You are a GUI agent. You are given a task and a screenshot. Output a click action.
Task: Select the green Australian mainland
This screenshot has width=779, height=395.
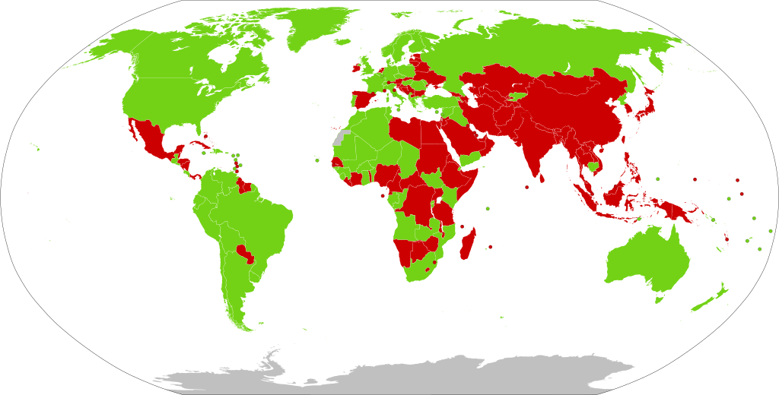(x=647, y=258)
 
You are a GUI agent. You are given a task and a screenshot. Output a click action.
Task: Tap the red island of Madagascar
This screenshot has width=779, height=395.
(x=470, y=242)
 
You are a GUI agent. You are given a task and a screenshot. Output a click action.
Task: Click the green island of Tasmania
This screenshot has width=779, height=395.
(x=659, y=300)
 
